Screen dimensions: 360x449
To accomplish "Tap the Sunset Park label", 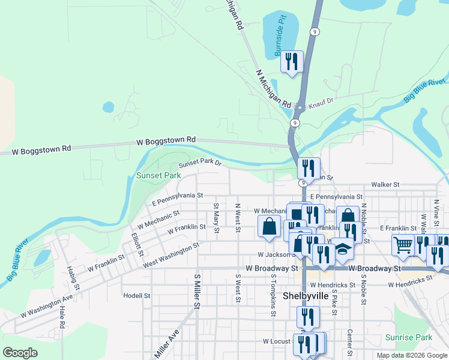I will pyautogui.click(x=158, y=176).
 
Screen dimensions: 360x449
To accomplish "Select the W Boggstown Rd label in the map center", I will pyautogui.click(x=166, y=140).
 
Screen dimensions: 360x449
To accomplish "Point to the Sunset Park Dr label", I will pyautogui.click(x=200, y=163).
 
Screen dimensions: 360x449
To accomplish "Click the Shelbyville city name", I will pyautogui.click(x=306, y=296).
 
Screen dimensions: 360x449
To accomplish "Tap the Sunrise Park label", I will pyautogui.click(x=409, y=338).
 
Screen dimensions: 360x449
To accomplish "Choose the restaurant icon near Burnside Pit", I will pyautogui.click(x=292, y=62).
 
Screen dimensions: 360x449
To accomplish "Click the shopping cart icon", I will pyautogui.click(x=402, y=244).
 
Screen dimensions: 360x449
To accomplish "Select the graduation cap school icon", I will pyautogui.click(x=343, y=249).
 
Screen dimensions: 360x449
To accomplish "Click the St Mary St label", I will pyautogui.click(x=217, y=214).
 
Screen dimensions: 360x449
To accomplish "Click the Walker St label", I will pyautogui.click(x=385, y=185).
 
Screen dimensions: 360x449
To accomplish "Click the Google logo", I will pyautogui.click(x=20, y=353).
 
